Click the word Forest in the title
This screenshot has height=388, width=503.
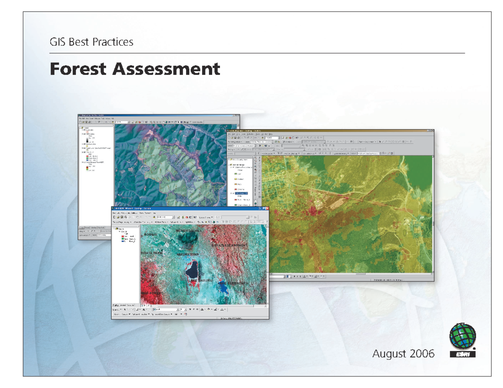tap(77, 69)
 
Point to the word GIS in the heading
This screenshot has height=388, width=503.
tap(57, 42)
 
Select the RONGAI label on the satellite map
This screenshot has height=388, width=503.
tap(150, 235)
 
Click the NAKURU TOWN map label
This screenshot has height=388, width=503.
tap(190, 254)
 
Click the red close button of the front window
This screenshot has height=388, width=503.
tap(266, 208)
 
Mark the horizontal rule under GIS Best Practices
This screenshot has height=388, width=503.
tap(257, 53)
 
